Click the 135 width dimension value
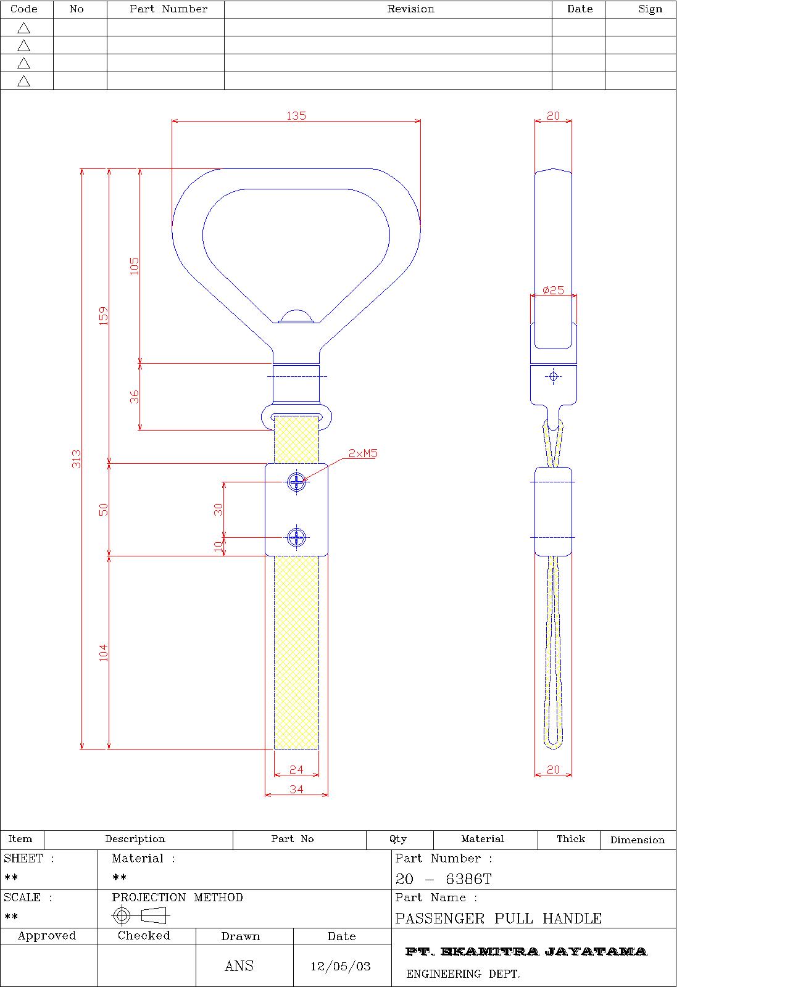point(296,115)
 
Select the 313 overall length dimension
point(76,459)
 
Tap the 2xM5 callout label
point(363,453)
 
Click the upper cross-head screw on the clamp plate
point(296,482)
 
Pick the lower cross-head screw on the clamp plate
point(296,537)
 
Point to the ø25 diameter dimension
point(553,291)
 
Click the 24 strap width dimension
point(296,770)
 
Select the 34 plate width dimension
point(296,790)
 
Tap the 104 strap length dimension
point(103,653)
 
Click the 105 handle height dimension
point(134,266)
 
